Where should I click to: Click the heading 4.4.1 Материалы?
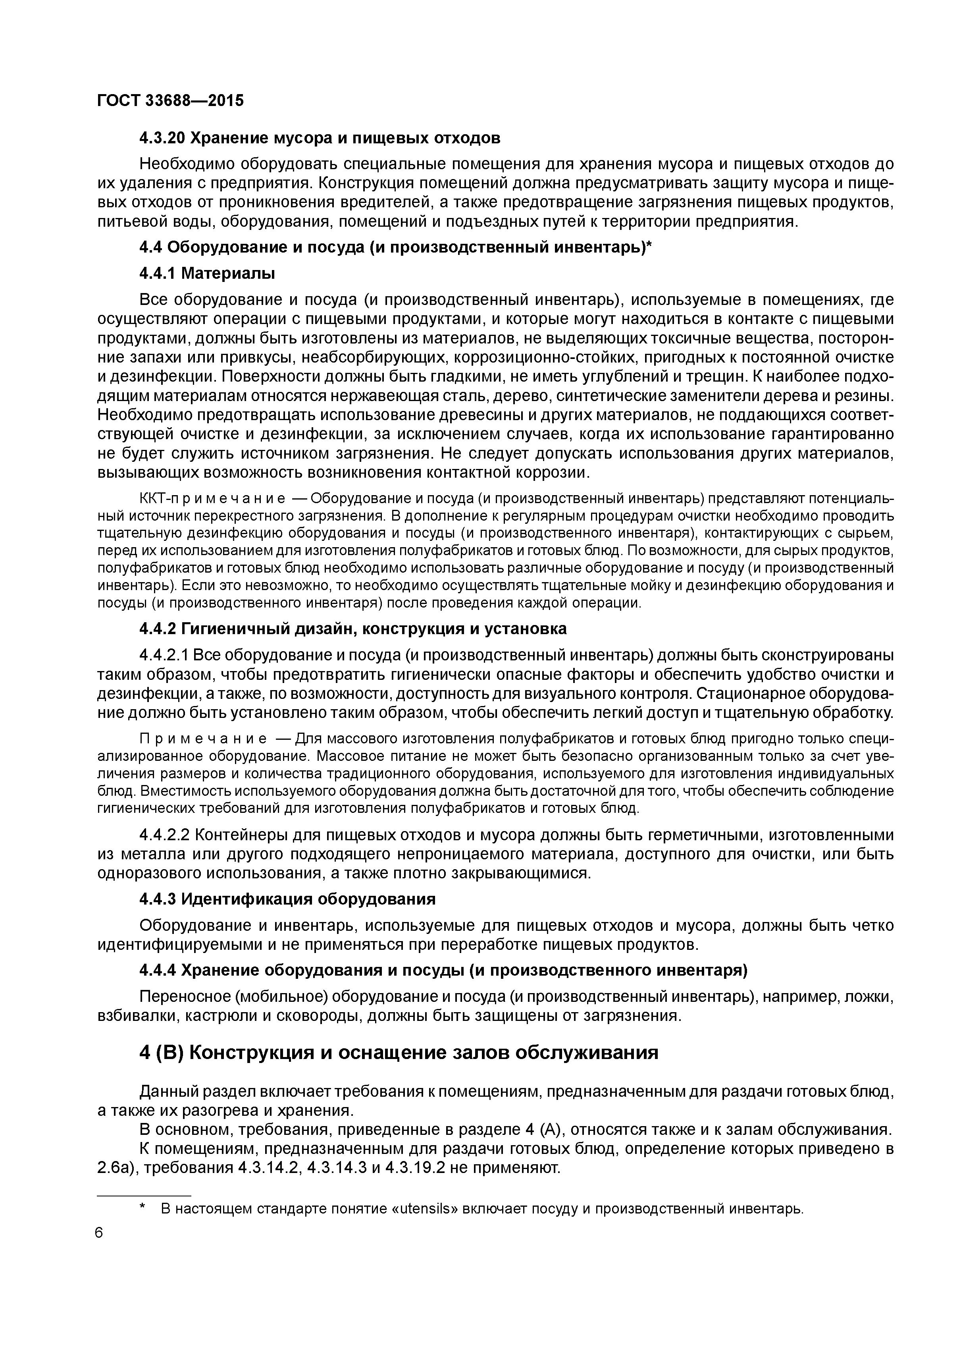point(207,273)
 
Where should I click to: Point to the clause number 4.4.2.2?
point(164,835)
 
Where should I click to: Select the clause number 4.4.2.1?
point(164,655)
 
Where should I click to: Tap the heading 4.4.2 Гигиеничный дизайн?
point(353,629)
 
